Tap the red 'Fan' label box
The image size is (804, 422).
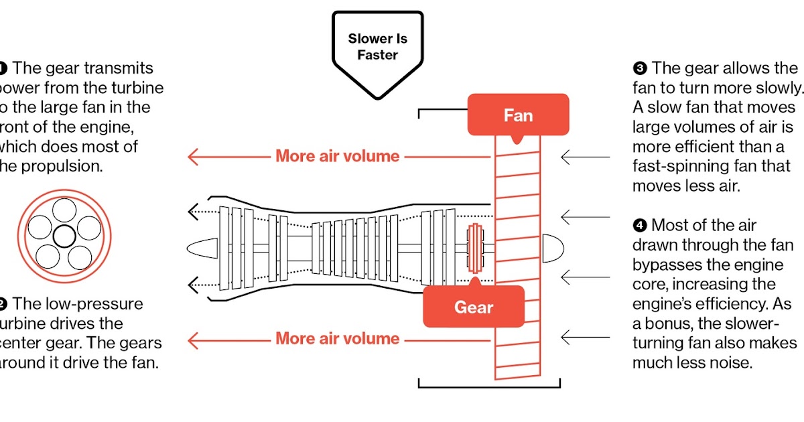(x=518, y=115)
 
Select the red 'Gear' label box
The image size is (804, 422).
(x=474, y=307)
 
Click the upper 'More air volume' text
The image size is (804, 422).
(x=337, y=157)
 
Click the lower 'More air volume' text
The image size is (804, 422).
(x=337, y=339)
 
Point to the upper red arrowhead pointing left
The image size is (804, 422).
(x=195, y=157)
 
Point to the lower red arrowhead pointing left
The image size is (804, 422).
(x=195, y=339)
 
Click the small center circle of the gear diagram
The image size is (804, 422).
(x=64, y=235)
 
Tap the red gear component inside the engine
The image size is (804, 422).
(x=475, y=247)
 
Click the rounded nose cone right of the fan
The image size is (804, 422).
(x=552, y=248)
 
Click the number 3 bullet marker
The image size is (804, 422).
(x=639, y=68)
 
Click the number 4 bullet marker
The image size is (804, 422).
(x=639, y=226)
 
